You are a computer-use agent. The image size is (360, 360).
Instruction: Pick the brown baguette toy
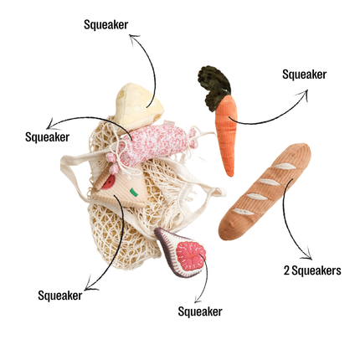tap(265, 191)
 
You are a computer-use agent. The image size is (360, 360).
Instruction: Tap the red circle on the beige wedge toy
tap(108, 183)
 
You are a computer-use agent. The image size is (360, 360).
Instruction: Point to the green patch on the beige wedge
tap(134, 192)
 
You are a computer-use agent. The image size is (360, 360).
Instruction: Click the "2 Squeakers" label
tap(312, 270)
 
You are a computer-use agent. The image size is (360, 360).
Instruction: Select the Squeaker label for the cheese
tap(106, 24)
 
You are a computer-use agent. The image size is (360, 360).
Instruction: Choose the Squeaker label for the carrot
tap(305, 75)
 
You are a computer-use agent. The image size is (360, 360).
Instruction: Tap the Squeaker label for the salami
tap(48, 137)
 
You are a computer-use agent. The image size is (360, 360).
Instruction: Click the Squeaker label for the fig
tap(200, 311)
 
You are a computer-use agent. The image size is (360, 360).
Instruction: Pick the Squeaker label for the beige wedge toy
tap(60, 296)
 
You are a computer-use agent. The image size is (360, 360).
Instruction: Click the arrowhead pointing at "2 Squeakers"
tap(308, 255)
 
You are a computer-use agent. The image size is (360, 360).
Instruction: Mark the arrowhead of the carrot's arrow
tap(304, 94)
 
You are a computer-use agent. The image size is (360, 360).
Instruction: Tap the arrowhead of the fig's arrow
tap(198, 299)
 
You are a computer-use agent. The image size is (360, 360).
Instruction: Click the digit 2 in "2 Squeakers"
tap(286, 270)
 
